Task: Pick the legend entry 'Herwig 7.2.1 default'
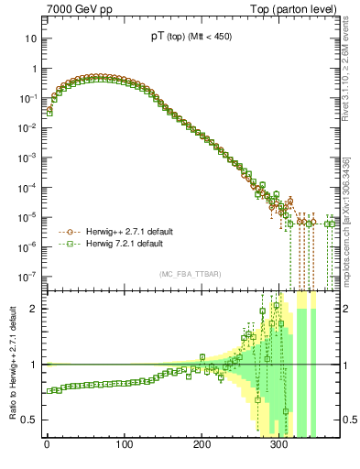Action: pyautogui.click(x=120, y=245)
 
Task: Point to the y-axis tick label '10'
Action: pyautogui.click(x=32, y=39)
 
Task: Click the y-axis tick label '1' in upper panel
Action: pyautogui.click(x=35, y=70)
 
